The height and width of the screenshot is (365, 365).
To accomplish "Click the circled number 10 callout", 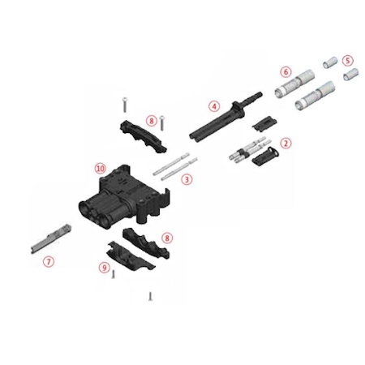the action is [x=100, y=169].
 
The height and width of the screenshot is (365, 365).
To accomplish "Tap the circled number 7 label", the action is [x=49, y=261].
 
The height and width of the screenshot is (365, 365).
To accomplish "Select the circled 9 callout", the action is [x=105, y=268].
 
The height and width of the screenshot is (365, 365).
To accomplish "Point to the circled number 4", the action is [x=214, y=106].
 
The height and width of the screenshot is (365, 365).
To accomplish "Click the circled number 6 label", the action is [x=286, y=72].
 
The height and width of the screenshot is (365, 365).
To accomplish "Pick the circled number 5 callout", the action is [x=348, y=61].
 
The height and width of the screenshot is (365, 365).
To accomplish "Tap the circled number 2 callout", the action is [x=286, y=143].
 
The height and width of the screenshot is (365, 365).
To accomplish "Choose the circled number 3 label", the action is [x=187, y=179].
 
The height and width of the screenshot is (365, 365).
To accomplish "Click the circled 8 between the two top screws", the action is [x=152, y=120].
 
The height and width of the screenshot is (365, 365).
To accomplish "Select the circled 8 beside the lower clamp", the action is [x=167, y=238].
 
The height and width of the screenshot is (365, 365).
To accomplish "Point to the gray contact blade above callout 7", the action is [x=51, y=239].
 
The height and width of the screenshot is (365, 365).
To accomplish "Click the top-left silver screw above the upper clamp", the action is [x=125, y=105].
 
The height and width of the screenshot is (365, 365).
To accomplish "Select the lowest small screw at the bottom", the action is [x=150, y=296].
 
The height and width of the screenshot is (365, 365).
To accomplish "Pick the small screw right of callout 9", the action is [x=114, y=274].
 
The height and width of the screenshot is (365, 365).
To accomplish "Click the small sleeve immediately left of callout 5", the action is [x=330, y=62].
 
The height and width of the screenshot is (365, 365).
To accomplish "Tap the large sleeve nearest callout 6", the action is [x=294, y=84].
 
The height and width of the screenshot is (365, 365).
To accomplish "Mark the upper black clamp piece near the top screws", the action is [x=144, y=136].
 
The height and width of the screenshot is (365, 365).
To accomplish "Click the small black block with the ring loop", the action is [x=266, y=157].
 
